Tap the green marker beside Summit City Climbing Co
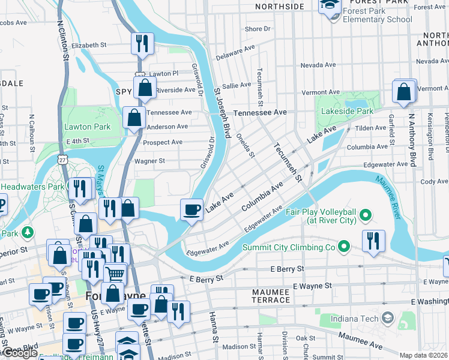click(x=343, y=246)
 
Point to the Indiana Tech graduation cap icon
click(x=388, y=316)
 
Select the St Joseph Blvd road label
click(x=222, y=113)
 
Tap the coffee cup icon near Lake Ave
click(x=192, y=209)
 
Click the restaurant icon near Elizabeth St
click(x=142, y=43)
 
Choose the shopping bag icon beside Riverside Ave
click(x=145, y=88)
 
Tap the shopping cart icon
click(x=115, y=274)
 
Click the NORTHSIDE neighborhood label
click(x=279, y=6)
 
